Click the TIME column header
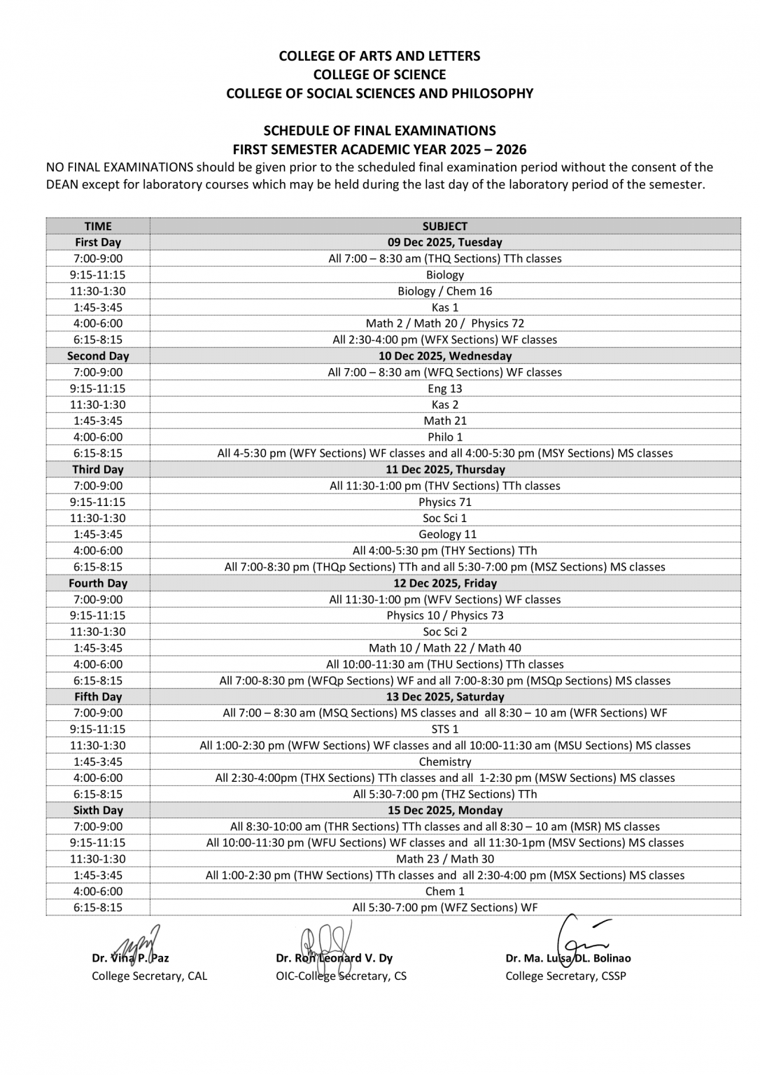(x=98, y=226)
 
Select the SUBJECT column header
(x=444, y=226)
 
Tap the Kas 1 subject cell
(x=444, y=307)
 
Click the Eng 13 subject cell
(x=444, y=388)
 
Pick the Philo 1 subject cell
(x=444, y=437)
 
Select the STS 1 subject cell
(x=444, y=729)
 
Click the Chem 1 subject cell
(x=444, y=891)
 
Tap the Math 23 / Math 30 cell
(x=444, y=859)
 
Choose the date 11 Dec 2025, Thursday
(x=444, y=470)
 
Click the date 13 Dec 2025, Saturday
(x=444, y=696)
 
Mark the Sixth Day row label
(x=98, y=810)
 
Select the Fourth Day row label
(x=98, y=583)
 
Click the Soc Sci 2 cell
(x=444, y=631)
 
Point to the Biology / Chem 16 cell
(x=444, y=291)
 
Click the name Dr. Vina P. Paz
(x=130, y=958)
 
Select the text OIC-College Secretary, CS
(x=341, y=976)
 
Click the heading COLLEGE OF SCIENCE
(x=379, y=74)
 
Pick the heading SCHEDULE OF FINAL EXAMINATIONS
(x=379, y=130)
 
